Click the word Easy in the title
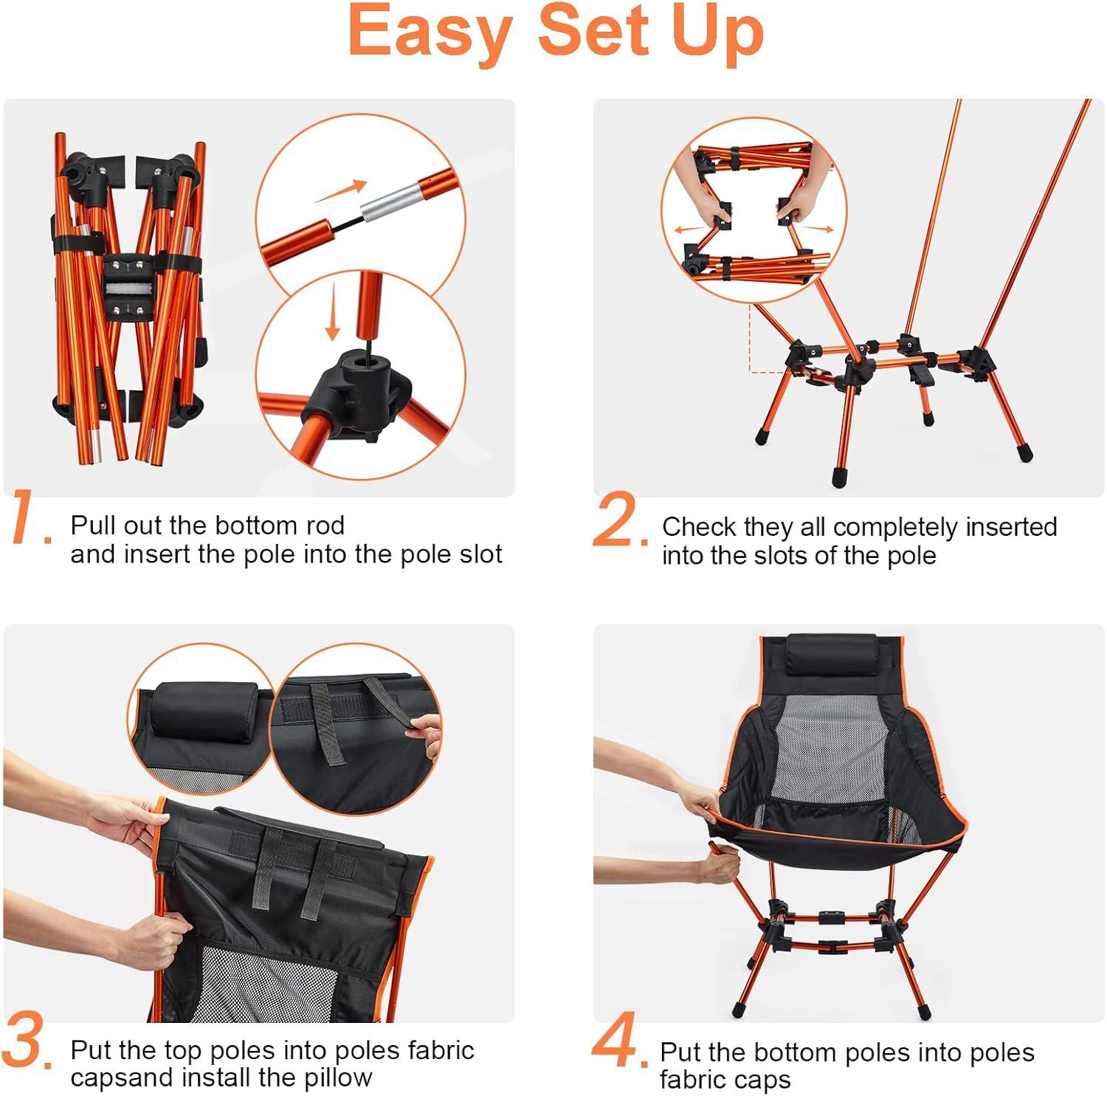coord(430,31)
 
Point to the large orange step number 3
coord(27,1042)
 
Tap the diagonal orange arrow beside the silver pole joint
coord(341,191)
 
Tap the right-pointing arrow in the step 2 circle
coord(817,228)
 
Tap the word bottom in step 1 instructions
coord(240,525)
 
